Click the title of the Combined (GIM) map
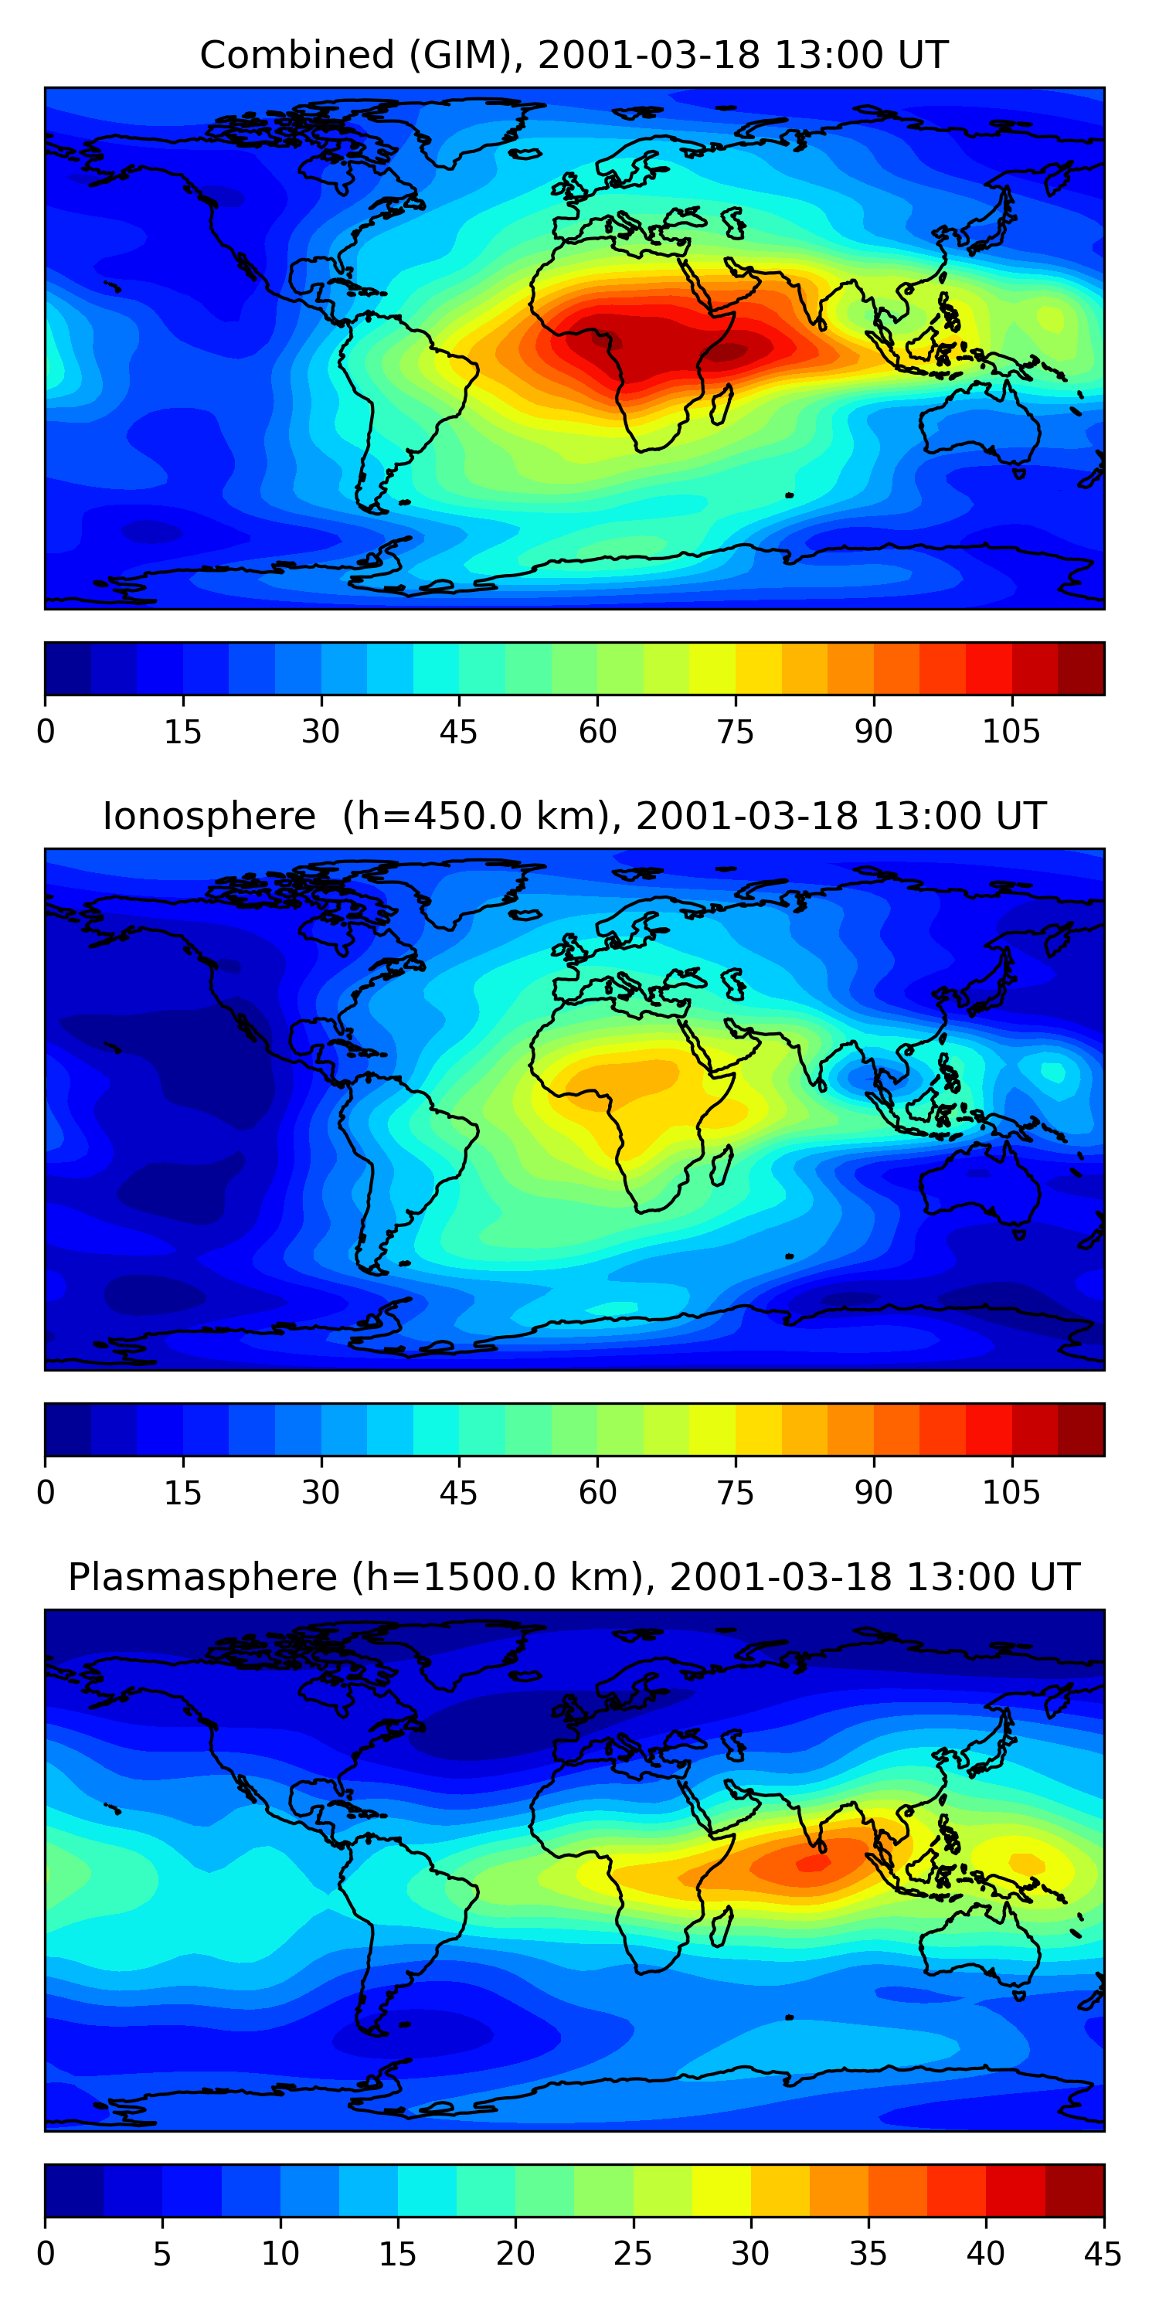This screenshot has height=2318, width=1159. pos(573,56)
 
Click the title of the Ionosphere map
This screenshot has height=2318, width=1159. pos(573,816)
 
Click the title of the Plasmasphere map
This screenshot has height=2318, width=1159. pos(573,1578)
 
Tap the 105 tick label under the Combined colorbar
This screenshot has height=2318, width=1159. pos(1011,732)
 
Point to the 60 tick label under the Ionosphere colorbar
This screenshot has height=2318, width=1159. pos(597,1492)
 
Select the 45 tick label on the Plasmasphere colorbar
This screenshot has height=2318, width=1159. pos(1103,2253)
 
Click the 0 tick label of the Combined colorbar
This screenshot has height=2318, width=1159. pos(46,732)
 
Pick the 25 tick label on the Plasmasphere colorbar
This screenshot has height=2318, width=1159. pos(633,2253)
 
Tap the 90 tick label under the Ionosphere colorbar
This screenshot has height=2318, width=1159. pos(873,1492)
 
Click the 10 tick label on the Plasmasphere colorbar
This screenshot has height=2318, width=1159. pos(280,2253)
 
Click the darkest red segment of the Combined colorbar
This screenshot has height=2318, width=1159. pos(1081,668)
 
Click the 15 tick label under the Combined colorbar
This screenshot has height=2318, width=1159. pos(182,732)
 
